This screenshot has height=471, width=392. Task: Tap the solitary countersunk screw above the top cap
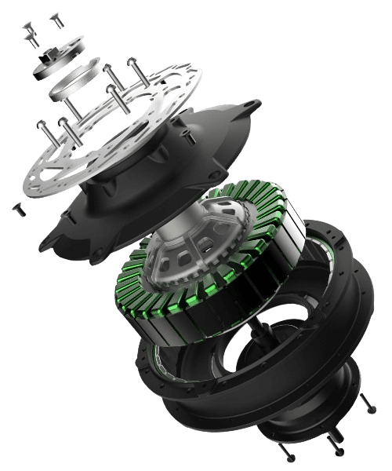pyautogui.click(x=56, y=18)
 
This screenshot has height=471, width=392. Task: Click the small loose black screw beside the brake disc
pyautogui.click(x=17, y=208)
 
